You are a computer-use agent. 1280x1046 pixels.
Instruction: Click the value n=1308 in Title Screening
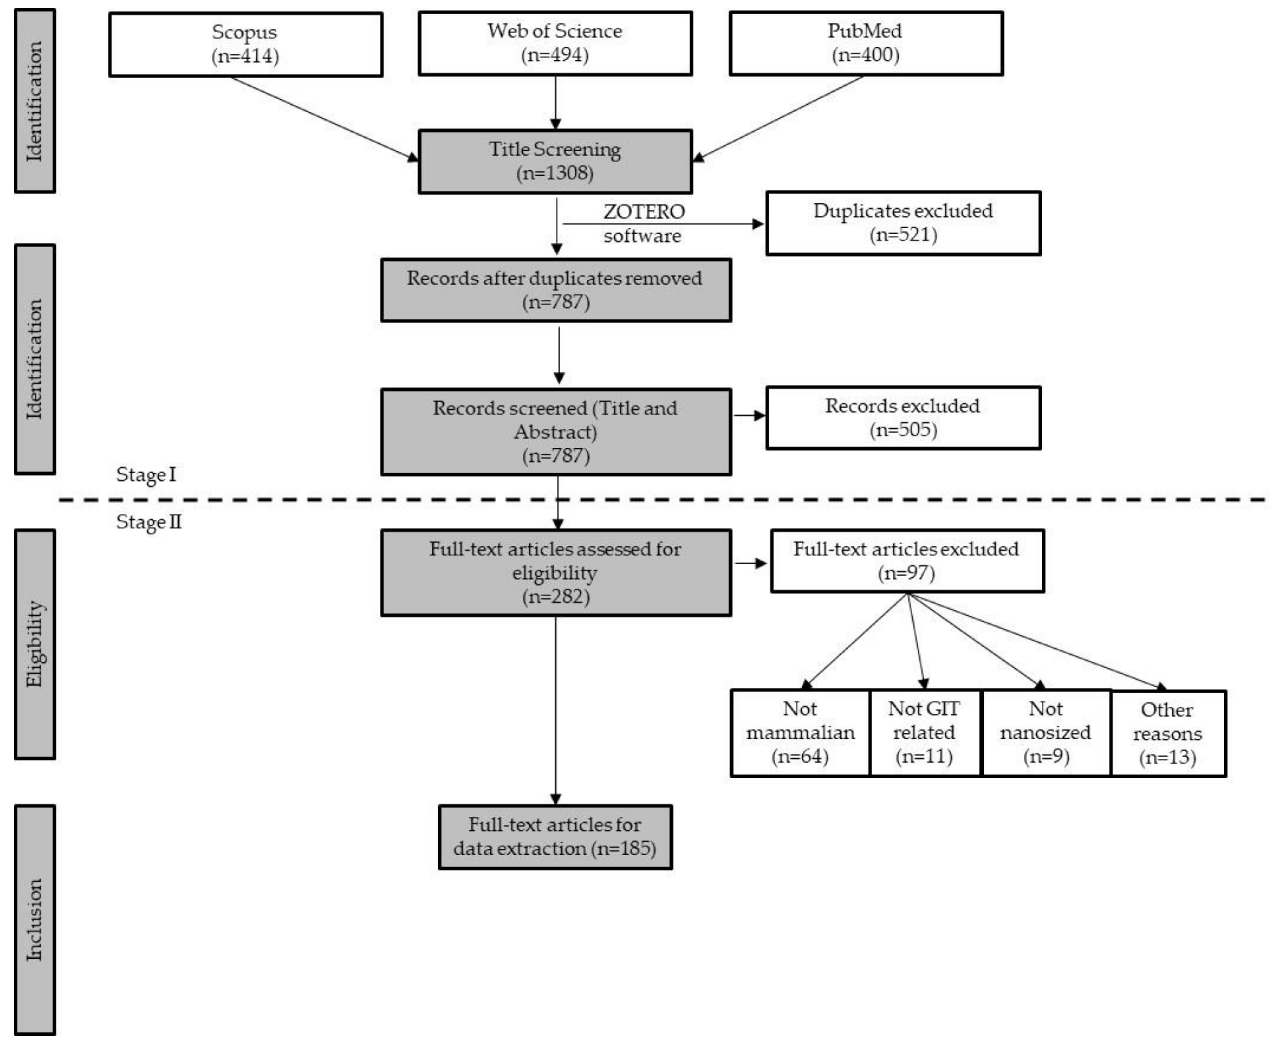click(554, 173)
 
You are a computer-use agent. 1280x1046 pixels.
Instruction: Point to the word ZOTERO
click(644, 212)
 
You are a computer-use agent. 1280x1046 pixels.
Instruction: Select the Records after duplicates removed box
click(555, 290)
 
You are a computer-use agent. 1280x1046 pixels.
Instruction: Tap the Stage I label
click(146, 475)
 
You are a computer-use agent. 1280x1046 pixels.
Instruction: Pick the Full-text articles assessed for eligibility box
click(555, 572)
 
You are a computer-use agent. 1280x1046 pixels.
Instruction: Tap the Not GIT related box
click(924, 733)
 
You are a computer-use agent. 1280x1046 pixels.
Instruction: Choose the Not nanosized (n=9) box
click(1046, 733)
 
